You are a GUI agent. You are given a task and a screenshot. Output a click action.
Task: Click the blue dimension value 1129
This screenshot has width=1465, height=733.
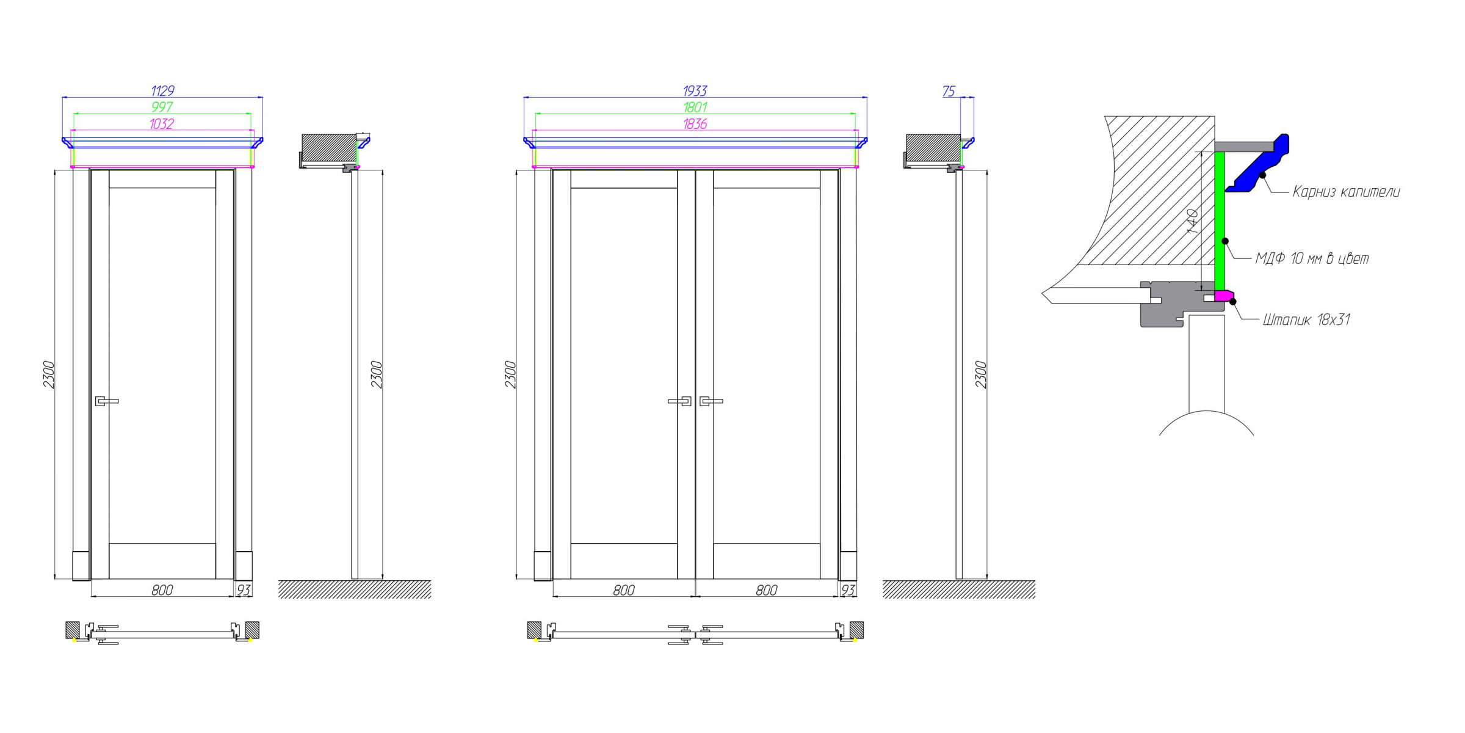point(163,91)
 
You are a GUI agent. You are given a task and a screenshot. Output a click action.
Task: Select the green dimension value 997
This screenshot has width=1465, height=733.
point(162,107)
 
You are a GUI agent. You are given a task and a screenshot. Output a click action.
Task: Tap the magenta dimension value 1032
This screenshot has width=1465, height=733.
point(162,124)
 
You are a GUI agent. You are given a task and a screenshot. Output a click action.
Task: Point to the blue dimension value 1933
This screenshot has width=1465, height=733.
point(695,91)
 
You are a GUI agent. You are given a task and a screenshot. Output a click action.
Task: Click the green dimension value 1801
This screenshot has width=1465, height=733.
point(695,108)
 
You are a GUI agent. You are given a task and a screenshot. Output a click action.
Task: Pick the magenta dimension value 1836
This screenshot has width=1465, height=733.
point(695,124)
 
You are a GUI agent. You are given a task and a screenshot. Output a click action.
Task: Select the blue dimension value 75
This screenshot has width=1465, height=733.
point(948,92)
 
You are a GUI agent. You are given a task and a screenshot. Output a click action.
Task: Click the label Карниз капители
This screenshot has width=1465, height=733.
point(1346,192)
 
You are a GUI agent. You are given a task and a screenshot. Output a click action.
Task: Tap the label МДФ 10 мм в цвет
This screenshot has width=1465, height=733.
point(1312,258)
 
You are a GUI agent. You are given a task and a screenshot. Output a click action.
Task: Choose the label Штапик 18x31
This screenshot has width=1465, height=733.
point(1306,319)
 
